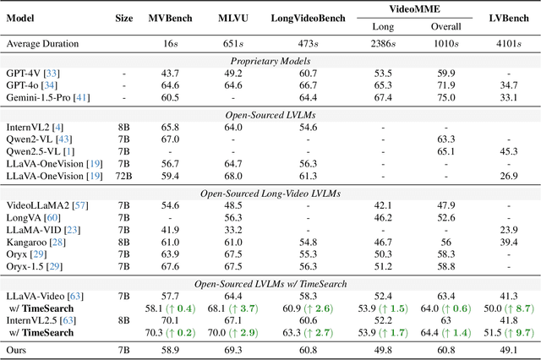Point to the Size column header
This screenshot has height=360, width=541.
(123, 18)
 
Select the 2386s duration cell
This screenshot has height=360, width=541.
(383, 42)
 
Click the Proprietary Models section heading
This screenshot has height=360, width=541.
(270, 60)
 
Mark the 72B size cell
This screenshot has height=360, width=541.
(123, 176)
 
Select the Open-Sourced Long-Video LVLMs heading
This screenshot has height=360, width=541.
(270, 193)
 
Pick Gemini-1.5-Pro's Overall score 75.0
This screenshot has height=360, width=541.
(446, 98)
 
